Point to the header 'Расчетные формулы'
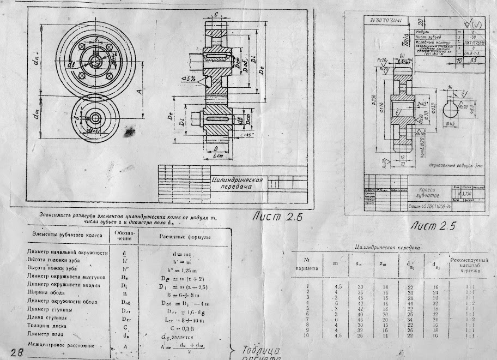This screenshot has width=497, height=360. coord(185,237)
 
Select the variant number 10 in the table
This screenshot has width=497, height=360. coord(308,335)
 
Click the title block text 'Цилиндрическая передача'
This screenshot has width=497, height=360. coord(238,183)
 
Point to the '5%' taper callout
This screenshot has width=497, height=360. coord(192,79)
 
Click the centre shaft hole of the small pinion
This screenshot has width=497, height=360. coord(96,117)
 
